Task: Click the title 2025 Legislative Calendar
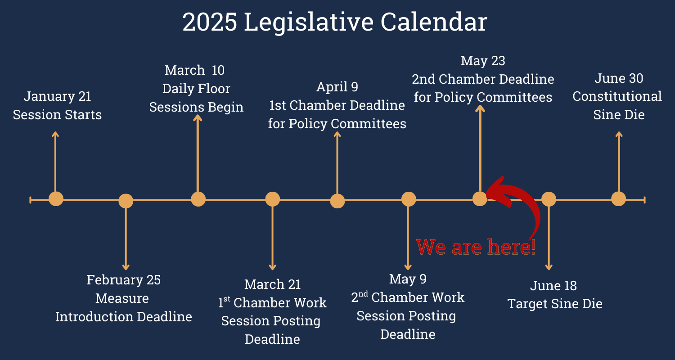(x=334, y=22)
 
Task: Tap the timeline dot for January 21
(x=56, y=199)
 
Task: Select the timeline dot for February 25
(x=126, y=201)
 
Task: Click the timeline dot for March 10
(x=198, y=199)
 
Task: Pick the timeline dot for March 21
(x=272, y=199)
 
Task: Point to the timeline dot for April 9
(x=337, y=201)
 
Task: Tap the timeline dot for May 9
(x=409, y=199)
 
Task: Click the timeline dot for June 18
(x=549, y=199)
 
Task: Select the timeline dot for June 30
(x=619, y=199)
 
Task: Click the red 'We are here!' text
(x=476, y=247)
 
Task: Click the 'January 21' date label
(x=57, y=96)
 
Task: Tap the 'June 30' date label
(x=619, y=78)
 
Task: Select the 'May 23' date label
(x=483, y=61)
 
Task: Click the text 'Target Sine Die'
(x=554, y=304)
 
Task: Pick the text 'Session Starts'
(x=57, y=115)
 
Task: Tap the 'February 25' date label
(x=123, y=280)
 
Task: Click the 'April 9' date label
(x=337, y=87)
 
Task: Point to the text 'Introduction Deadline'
(x=123, y=317)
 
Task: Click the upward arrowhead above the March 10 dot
(x=198, y=118)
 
